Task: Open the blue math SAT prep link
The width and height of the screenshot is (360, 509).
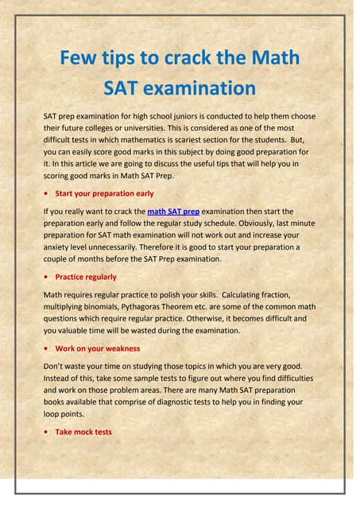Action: point(173,212)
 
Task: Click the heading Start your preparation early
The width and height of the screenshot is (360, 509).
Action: point(105,193)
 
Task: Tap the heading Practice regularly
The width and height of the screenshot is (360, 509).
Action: point(86,277)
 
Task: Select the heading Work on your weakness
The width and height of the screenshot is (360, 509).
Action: point(98,348)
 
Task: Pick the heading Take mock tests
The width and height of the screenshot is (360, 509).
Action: point(83,432)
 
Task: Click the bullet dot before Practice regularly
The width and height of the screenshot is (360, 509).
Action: point(48,277)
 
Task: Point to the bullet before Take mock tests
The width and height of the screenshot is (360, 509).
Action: point(48,432)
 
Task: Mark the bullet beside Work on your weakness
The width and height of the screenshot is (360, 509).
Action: point(48,348)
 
